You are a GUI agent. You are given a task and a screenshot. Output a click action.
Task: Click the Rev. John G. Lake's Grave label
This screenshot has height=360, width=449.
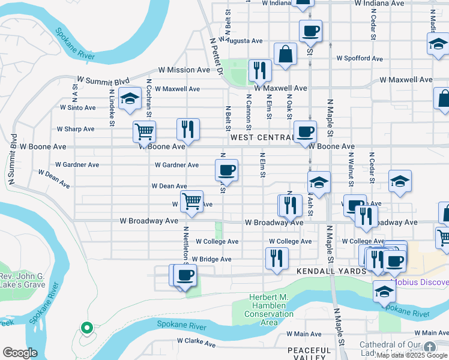(23, 280)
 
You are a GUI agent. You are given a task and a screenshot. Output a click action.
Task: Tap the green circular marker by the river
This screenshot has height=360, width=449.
(86, 328)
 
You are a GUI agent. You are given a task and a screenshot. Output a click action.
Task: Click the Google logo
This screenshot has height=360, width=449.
(20, 353)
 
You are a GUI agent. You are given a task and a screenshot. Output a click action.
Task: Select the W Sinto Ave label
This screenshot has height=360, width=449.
(77, 108)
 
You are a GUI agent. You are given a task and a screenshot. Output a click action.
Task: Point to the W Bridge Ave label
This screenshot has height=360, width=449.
(209, 259)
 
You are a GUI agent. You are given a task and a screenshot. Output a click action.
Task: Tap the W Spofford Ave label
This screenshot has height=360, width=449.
(360, 58)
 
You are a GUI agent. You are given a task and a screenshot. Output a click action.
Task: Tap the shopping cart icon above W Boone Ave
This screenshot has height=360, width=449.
(144, 130)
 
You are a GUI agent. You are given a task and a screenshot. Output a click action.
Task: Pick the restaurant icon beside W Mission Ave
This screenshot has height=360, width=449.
(260, 69)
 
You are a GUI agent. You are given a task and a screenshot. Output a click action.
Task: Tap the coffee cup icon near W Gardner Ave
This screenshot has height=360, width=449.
(227, 169)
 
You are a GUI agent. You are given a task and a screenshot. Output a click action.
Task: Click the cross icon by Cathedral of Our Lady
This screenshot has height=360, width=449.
(429, 346)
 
